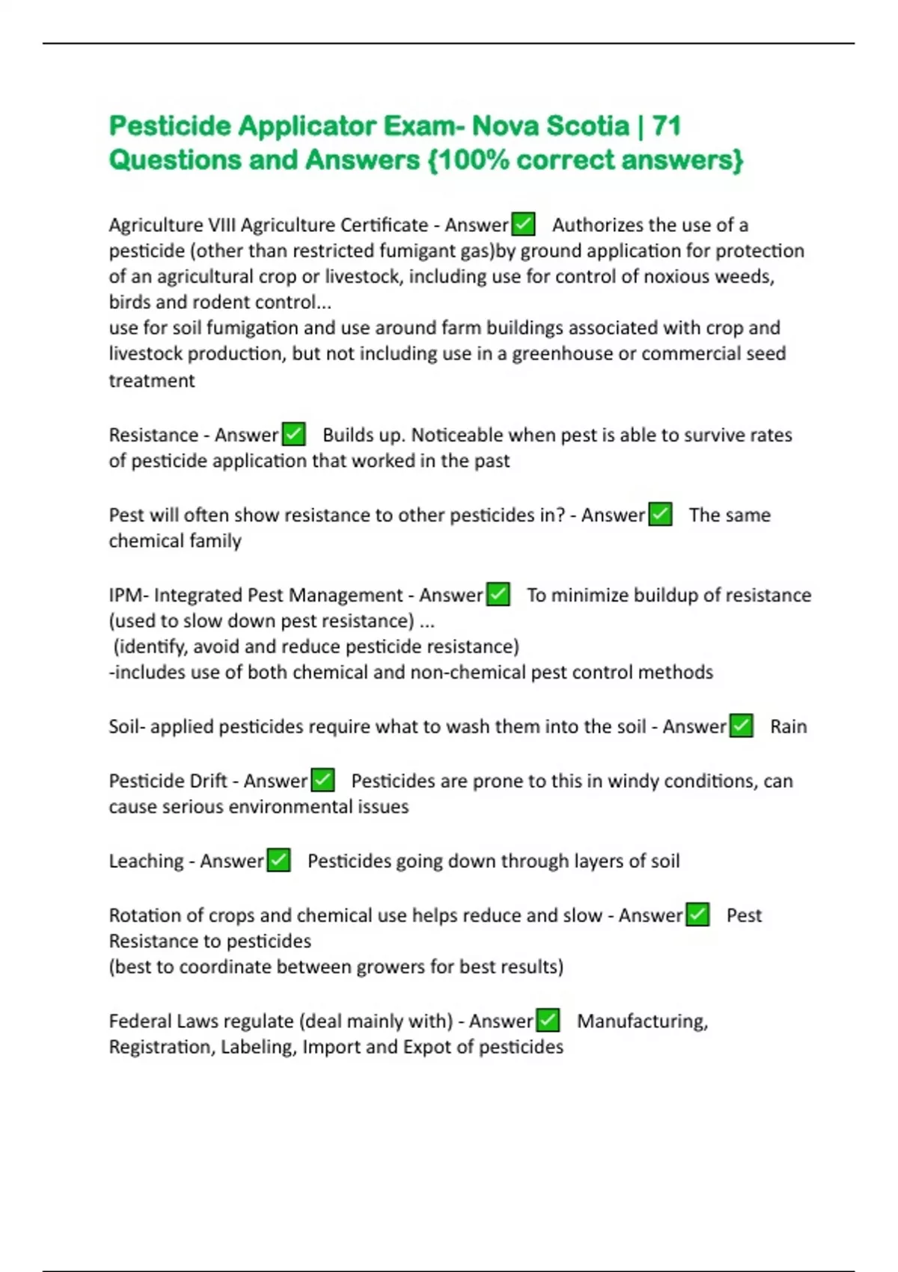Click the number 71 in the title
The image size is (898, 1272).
click(x=666, y=126)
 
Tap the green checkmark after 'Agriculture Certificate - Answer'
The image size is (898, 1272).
click(x=523, y=224)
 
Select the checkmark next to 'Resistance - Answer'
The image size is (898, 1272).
click(x=293, y=435)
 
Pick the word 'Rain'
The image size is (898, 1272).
click(x=788, y=727)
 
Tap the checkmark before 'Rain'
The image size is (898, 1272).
click(x=742, y=727)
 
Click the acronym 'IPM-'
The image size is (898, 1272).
click(x=129, y=595)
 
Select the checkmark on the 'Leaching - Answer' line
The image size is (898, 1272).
click(x=278, y=861)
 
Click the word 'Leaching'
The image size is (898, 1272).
click(x=146, y=861)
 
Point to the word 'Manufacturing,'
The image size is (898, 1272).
click(x=642, y=1021)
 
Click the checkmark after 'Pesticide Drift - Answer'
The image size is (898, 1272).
click(x=323, y=781)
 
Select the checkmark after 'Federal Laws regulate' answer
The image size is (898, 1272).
click(x=549, y=1021)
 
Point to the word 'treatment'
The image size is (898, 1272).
click(x=152, y=381)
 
